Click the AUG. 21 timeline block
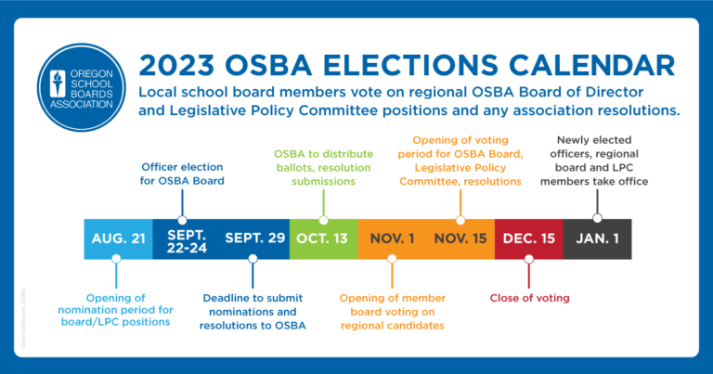[x=118, y=239]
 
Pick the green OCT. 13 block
[x=322, y=239]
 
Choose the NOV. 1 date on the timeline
[x=392, y=239]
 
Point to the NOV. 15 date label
[x=460, y=239]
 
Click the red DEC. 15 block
[x=529, y=239]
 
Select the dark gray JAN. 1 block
[x=597, y=239]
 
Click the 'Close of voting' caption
[x=529, y=298]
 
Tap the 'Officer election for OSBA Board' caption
[x=182, y=174]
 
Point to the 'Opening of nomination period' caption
[x=118, y=309]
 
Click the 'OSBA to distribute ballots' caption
[x=323, y=167]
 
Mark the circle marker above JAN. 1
[x=597, y=219]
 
